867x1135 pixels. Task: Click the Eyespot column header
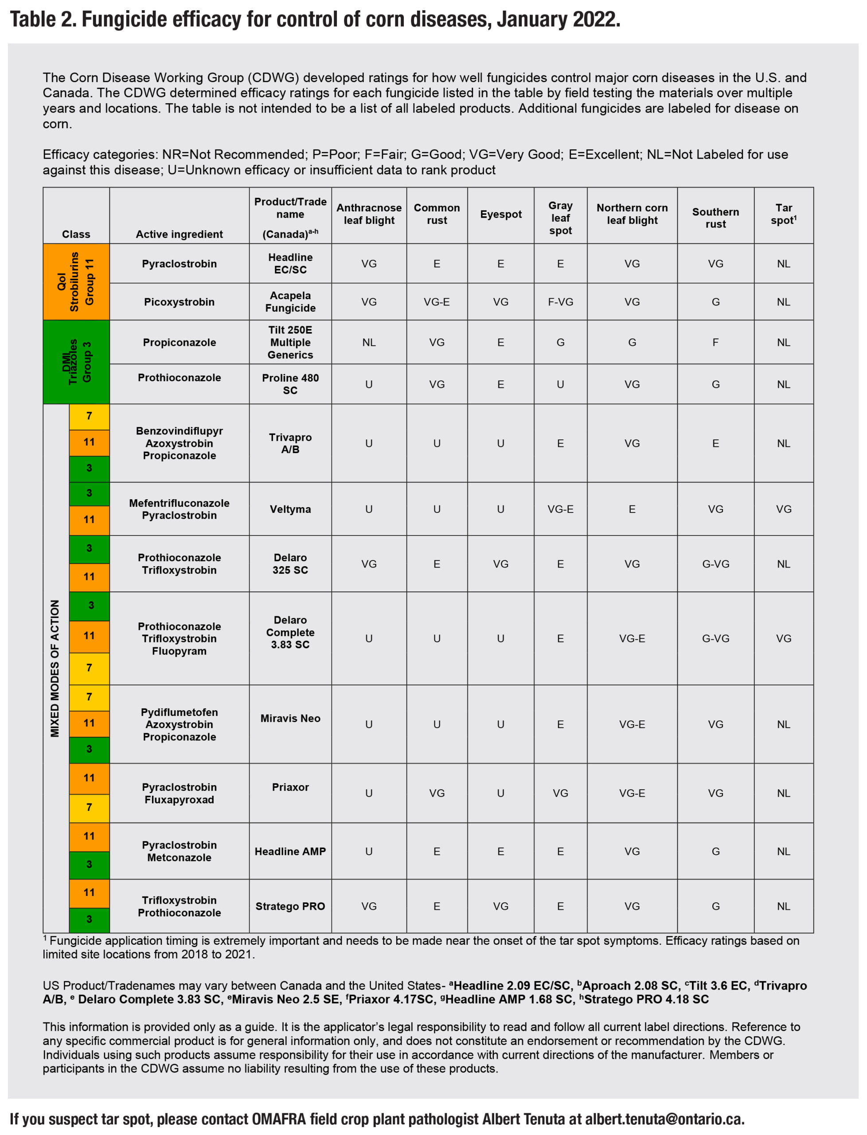[x=500, y=214]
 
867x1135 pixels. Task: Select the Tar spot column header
[x=783, y=214]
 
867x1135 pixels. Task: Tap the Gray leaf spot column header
[x=560, y=218]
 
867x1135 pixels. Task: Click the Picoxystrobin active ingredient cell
[x=179, y=302]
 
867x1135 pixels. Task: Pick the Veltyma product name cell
[x=290, y=509]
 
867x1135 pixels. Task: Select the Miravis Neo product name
[x=290, y=719]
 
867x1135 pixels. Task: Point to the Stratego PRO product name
[x=290, y=906]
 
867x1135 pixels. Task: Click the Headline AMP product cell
[x=290, y=852]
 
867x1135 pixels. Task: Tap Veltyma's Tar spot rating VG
[x=783, y=509]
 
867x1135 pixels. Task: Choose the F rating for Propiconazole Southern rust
[x=715, y=342]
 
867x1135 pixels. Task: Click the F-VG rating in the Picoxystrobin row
[x=560, y=302]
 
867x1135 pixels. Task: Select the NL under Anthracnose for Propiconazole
[x=369, y=342]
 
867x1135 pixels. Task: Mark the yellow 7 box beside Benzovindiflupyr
[x=89, y=416]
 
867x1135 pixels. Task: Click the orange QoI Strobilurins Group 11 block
[x=76, y=282]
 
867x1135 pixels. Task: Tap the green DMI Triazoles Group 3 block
[x=76, y=362]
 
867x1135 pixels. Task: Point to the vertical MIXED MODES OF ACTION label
[x=55, y=669]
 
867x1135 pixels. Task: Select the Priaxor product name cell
[x=290, y=787]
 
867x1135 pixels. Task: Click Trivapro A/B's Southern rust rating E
[x=715, y=443]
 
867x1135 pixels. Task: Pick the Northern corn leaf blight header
[x=632, y=214]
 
